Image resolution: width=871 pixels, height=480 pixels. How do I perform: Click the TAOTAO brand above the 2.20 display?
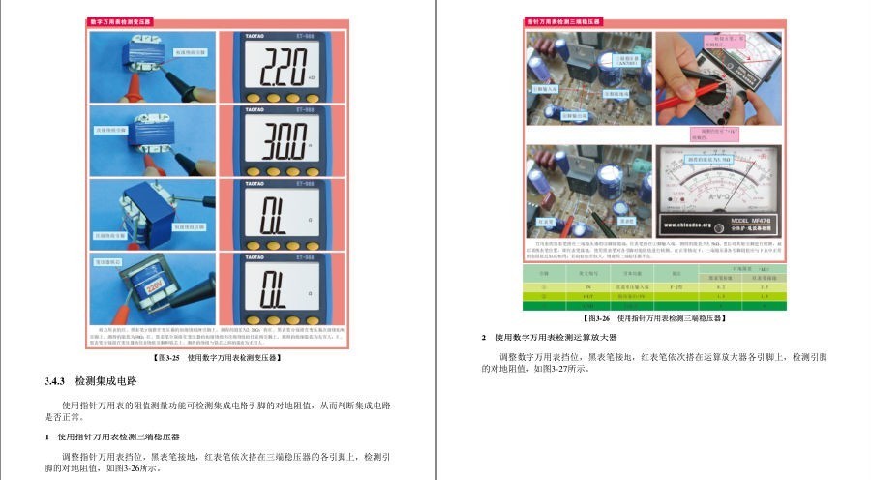pos(239,38)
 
